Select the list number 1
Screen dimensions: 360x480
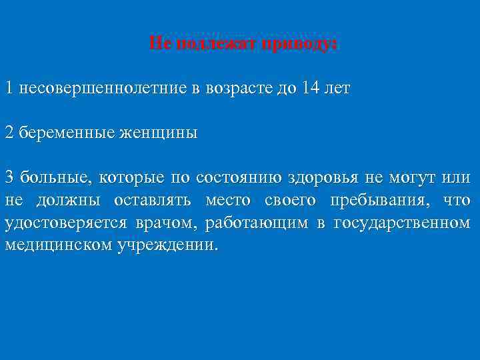point(9,88)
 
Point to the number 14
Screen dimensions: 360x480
point(311,88)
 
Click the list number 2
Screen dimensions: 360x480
point(9,132)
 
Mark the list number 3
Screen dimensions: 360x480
point(9,177)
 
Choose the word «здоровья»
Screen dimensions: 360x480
point(324,177)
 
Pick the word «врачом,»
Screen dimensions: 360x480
point(164,222)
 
